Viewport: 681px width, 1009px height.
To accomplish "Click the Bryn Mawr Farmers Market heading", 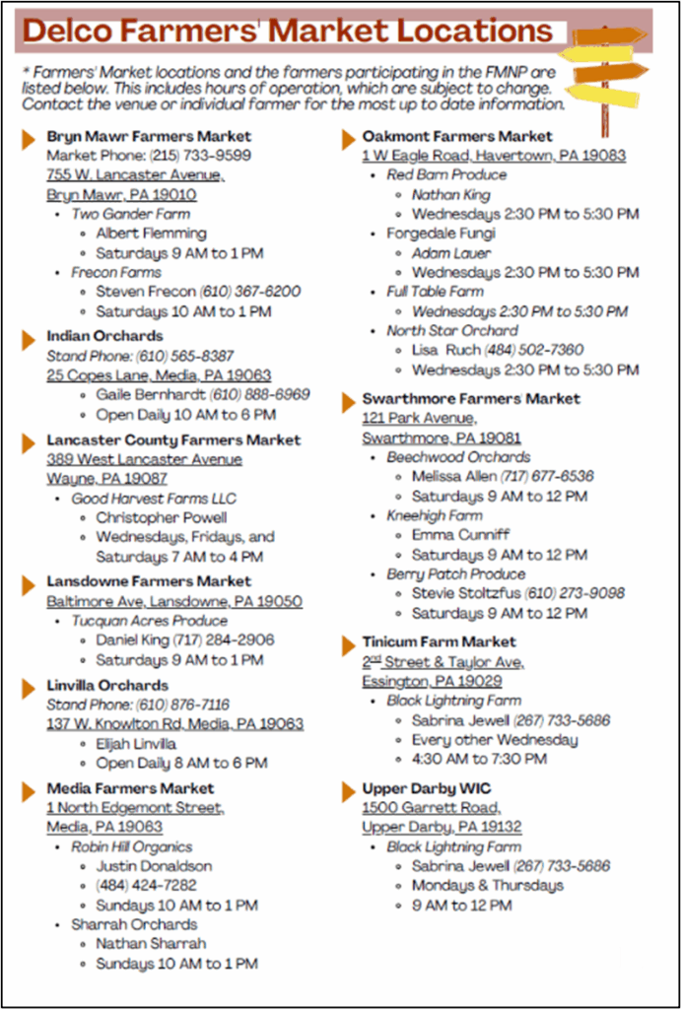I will tap(149, 136).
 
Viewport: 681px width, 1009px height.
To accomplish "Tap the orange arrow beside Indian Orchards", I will tap(29, 338).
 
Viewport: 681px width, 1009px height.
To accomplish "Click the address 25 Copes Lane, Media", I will tap(159, 375).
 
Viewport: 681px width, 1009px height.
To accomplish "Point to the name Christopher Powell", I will tap(162, 517).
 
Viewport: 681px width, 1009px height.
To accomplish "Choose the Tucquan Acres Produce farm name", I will tap(149, 621).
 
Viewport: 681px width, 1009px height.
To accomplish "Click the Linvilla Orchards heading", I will tap(107, 685).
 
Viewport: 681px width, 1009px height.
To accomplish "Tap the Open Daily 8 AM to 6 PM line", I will tap(181, 763).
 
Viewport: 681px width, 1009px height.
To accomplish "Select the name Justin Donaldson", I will tap(154, 866).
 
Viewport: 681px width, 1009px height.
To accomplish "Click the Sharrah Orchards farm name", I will tap(134, 924).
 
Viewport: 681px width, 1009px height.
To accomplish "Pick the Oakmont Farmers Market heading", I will tap(457, 136).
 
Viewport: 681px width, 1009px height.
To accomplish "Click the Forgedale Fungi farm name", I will tap(441, 234).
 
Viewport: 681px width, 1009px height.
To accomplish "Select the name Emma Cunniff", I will tap(461, 535).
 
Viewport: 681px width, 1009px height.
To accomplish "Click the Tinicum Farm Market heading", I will tap(439, 642).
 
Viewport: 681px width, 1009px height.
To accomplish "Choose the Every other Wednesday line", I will tap(495, 740).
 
